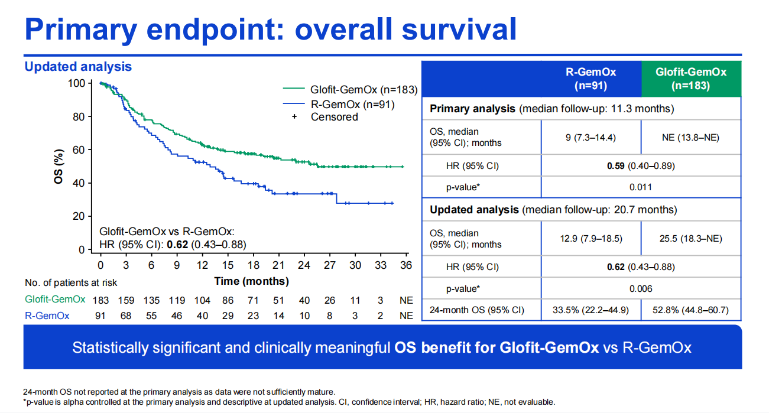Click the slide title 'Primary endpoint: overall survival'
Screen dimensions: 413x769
tap(271, 28)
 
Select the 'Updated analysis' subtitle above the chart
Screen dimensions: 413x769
tap(78, 67)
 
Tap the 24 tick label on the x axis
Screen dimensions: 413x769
tap(304, 265)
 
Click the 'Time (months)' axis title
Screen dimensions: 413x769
tap(251, 281)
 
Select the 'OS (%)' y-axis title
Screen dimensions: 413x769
tap(59, 167)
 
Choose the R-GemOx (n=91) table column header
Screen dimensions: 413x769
tap(590, 79)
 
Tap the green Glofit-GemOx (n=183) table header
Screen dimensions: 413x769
tap(691, 79)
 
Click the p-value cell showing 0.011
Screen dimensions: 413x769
tap(640, 187)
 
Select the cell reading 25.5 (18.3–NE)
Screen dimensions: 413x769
tap(691, 239)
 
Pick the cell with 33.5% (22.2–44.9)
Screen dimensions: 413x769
tap(590, 310)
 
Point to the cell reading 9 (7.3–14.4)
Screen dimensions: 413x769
tap(590, 137)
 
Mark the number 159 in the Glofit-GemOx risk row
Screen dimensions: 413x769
tap(126, 300)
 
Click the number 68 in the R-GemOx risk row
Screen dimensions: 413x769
tap(126, 316)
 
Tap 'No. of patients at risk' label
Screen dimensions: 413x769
tap(71, 283)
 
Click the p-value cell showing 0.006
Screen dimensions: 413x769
tap(640, 288)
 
